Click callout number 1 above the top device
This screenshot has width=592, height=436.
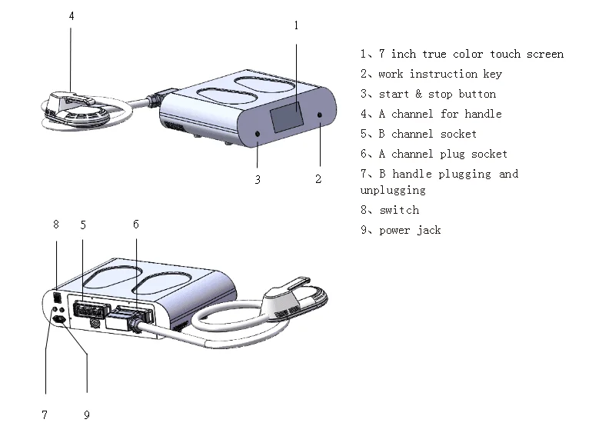(x=296, y=25)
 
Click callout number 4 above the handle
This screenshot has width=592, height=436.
(x=72, y=15)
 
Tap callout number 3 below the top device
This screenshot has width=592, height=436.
(x=258, y=180)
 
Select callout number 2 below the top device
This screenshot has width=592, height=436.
(x=318, y=179)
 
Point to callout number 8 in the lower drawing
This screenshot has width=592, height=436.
(x=55, y=225)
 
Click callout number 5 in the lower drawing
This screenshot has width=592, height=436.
(x=83, y=225)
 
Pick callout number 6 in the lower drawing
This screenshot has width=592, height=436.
(x=136, y=225)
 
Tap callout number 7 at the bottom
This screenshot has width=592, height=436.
(x=45, y=415)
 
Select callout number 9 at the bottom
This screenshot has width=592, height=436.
(x=86, y=415)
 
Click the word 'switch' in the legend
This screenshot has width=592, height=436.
(x=399, y=210)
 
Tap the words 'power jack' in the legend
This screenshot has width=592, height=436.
(x=410, y=230)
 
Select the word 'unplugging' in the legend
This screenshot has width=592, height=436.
(x=392, y=190)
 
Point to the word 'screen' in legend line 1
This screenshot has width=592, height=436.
(x=544, y=54)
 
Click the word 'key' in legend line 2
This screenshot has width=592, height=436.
(x=492, y=74)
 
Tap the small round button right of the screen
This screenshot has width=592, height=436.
(x=320, y=116)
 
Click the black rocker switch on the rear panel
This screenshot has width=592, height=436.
(x=56, y=295)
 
